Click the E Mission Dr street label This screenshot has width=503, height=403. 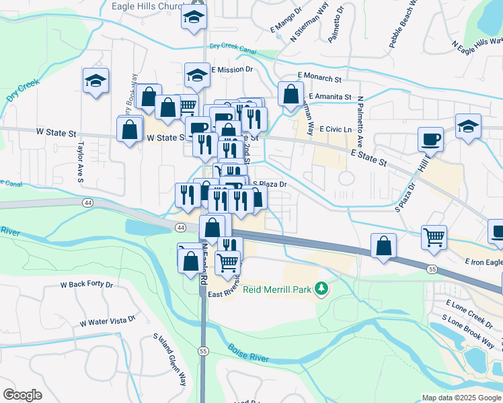232,69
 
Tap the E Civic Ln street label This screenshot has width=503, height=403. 336,129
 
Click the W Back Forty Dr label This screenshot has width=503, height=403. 87,284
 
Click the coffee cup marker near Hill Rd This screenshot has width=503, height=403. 430,139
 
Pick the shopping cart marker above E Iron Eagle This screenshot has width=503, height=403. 434,237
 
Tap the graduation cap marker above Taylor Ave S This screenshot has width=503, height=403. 95,81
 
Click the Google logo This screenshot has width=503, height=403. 22,395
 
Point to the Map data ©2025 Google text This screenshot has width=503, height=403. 461,398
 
